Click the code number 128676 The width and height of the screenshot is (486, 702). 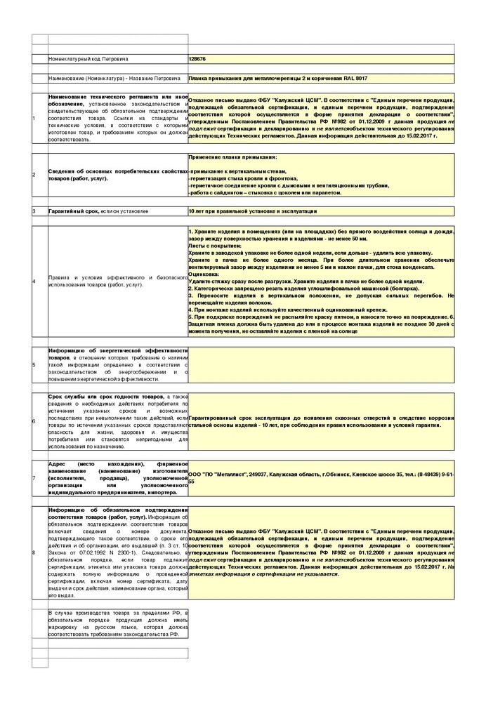coord(199,60)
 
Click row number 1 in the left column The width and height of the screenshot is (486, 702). coord(34,118)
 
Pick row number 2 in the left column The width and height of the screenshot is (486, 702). coord(34,174)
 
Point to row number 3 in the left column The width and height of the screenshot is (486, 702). coord(34,211)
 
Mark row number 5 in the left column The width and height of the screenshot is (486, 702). coord(34,365)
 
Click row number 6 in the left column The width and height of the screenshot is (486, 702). coord(34,421)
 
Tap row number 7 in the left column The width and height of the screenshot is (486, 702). coord(34,478)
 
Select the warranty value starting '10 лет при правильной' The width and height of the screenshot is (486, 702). coord(253,211)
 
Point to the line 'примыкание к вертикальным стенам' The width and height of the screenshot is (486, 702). coord(239,171)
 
